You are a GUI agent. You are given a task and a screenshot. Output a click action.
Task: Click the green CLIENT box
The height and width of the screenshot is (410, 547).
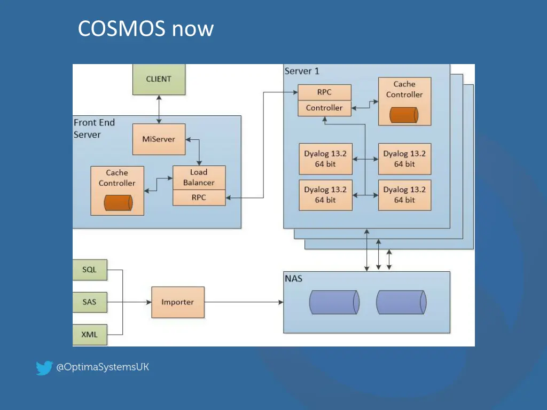[159, 79]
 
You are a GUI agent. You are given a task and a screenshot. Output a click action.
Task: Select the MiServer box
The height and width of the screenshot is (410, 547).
[158, 139]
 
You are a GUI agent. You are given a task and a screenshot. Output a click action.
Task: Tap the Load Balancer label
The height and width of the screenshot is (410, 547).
[199, 177]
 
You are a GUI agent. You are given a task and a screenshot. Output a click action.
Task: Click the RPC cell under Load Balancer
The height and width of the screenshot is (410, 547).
[199, 198]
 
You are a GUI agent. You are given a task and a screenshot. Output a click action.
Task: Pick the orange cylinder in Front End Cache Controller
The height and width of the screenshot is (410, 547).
[118, 203]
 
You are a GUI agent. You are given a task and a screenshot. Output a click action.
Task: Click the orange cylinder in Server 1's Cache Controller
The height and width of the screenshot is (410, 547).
[404, 115]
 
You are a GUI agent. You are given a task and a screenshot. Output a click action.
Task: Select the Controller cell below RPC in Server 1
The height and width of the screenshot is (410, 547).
[324, 108]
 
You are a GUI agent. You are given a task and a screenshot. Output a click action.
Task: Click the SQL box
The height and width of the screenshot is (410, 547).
[90, 270]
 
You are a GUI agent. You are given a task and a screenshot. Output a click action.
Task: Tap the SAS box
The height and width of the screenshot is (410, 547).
[90, 302]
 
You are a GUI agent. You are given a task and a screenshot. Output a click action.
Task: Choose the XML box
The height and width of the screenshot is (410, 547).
[90, 335]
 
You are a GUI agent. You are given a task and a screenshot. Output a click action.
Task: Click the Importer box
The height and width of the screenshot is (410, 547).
[178, 302]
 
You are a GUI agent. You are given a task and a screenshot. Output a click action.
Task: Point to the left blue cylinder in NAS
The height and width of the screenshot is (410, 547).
[334, 302]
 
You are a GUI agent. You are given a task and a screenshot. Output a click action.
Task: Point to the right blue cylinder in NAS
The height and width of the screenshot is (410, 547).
[401, 302]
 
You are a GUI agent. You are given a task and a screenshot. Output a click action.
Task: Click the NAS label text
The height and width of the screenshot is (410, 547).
[293, 278]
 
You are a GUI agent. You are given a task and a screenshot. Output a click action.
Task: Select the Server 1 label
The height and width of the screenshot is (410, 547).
[302, 71]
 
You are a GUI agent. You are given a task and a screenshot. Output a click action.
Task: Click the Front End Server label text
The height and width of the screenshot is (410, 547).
[94, 129]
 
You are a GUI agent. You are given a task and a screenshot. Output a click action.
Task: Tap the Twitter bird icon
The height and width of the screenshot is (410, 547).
[44, 368]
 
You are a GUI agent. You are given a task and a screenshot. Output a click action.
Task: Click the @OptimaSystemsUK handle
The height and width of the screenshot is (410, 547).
[103, 367]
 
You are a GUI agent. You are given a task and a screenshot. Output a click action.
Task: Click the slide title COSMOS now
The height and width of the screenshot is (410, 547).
[145, 28]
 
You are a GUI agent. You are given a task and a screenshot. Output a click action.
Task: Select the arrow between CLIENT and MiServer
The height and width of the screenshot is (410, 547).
[159, 109]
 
